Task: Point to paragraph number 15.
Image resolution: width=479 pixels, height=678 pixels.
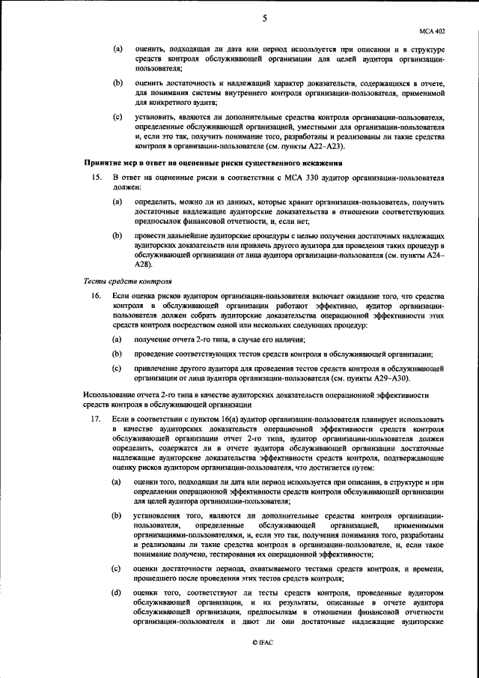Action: tap(96, 178)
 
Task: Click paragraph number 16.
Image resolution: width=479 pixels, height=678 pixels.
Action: tap(96, 297)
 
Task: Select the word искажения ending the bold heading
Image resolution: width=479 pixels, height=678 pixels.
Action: tap(320, 163)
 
